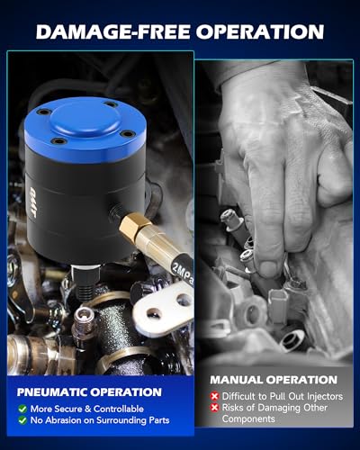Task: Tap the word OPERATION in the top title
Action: pyautogui.click(x=260, y=31)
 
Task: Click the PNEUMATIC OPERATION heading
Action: pyautogui.click(x=89, y=392)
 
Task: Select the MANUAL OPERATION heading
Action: pyautogui.click(x=274, y=380)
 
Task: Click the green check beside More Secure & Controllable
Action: pyautogui.click(x=22, y=409)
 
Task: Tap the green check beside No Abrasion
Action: pyautogui.click(x=22, y=420)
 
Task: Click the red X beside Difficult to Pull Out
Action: pyautogui.click(x=214, y=396)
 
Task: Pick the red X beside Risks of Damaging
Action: pyautogui.click(x=214, y=408)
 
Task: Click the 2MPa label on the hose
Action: pyautogui.click(x=183, y=273)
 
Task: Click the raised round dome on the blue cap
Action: pyautogui.click(x=85, y=120)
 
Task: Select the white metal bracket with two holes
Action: pyautogui.click(x=165, y=309)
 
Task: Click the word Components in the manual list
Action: pyautogui.click(x=248, y=419)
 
